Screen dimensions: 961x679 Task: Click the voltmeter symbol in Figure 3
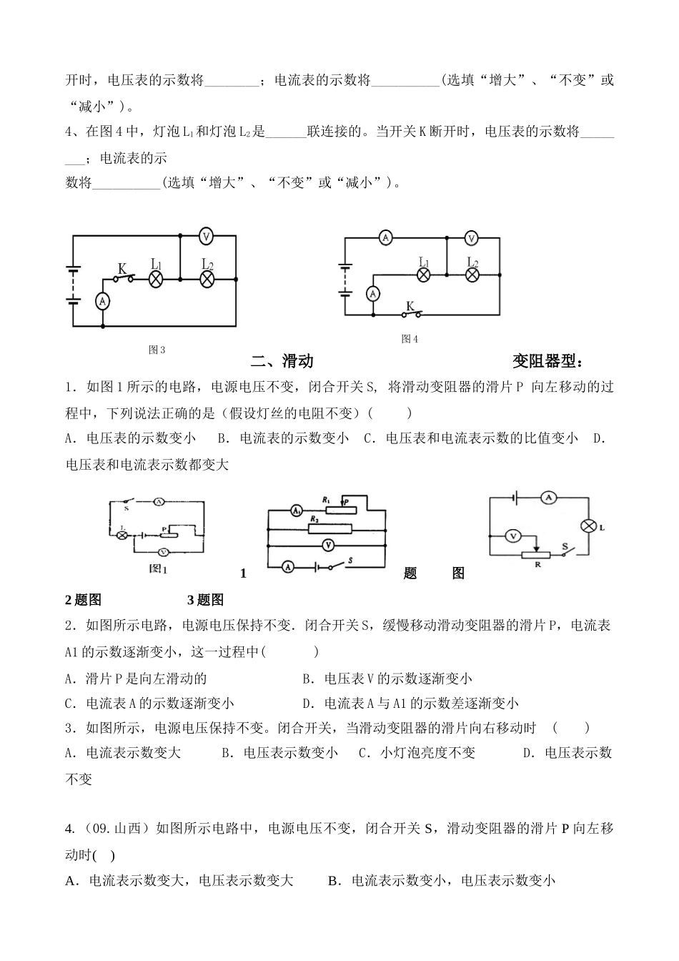click(206, 235)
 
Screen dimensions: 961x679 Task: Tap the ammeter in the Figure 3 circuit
click(103, 302)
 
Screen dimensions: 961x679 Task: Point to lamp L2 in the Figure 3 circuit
click(207, 279)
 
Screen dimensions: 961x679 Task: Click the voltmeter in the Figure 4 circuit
click(471, 238)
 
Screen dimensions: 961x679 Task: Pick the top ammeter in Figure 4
click(386, 238)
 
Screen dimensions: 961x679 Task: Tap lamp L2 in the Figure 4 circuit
click(472, 275)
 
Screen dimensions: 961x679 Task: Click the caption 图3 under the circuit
click(157, 350)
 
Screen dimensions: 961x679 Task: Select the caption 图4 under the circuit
click(410, 338)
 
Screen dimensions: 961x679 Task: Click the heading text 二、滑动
click(282, 361)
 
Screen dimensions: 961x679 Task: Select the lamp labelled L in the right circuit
click(588, 526)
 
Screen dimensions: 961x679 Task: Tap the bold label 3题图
click(205, 600)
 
